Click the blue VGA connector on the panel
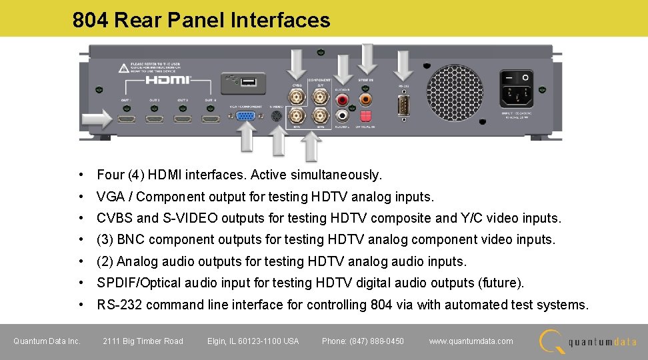(245, 117)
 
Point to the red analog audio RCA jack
(343, 101)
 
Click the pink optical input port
(365, 115)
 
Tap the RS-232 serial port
(403, 107)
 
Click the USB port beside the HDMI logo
(249, 82)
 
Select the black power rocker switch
(517, 79)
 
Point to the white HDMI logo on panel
(168, 80)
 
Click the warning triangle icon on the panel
(123, 67)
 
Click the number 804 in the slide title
(91, 20)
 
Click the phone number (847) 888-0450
(363, 341)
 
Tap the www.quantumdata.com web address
(471, 341)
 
